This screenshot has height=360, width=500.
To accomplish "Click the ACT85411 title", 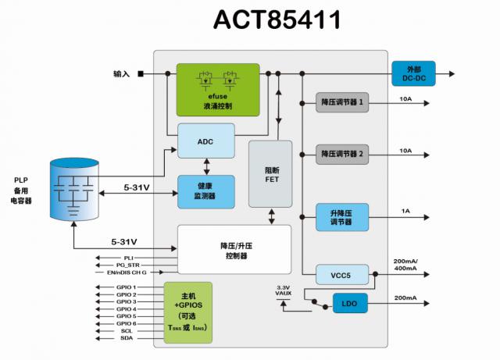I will pos(277,20).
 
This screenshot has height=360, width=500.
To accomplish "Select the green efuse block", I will pos(219,90).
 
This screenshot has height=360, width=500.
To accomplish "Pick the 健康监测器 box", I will pos(205,191).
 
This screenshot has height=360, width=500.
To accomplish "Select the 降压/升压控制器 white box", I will pos(234,250).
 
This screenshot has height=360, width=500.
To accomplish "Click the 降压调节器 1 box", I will pos(342,102).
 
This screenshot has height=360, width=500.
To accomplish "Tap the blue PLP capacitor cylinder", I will pos(75,187).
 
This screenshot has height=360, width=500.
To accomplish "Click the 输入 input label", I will pos(121,75).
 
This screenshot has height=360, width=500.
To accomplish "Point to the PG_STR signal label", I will pos(128,265).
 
